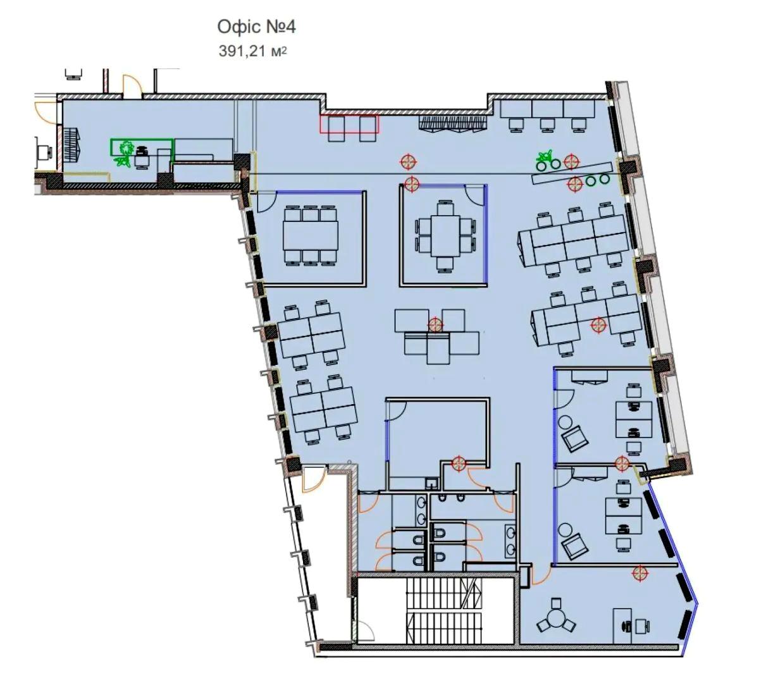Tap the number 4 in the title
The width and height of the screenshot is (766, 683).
[290, 27]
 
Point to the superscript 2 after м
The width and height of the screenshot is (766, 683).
[284, 49]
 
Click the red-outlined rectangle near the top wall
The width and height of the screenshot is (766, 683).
[349, 123]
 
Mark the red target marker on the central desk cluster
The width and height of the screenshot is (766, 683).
[436, 324]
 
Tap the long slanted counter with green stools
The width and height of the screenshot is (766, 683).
[572, 173]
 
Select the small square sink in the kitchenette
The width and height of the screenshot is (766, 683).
[431, 483]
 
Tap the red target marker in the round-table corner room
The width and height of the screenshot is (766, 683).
[639, 572]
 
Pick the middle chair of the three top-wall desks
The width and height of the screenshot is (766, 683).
[547, 125]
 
